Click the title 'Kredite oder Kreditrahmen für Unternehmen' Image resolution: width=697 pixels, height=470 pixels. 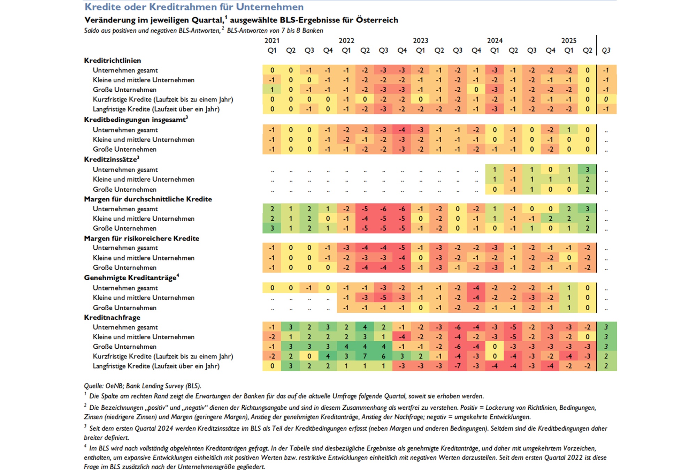click(x=194, y=7)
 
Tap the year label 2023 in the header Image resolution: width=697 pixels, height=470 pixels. click(x=420, y=40)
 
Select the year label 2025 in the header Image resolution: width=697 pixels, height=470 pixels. click(x=569, y=40)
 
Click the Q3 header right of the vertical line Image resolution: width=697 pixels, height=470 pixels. click(x=606, y=51)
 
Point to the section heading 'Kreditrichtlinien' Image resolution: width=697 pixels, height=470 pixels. click(x=112, y=60)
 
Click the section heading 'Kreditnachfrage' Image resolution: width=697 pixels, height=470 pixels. click(x=112, y=317)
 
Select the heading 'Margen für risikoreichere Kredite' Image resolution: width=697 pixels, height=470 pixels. click(x=141, y=238)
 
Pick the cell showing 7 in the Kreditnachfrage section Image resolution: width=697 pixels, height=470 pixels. click(x=365, y=356)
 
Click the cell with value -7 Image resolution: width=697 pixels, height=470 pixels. click(x=458, y=366)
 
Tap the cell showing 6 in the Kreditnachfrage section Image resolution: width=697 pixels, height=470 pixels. click(x=383, y=356)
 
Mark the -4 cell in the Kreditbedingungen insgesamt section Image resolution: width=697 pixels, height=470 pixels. click(x=402, y=130)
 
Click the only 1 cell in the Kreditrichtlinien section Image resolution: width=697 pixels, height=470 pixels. click(x=272, y=90)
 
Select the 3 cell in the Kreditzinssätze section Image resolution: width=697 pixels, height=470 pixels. click(x=587, y=169)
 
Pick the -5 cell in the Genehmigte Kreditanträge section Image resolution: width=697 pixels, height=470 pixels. click(x=383, y=298)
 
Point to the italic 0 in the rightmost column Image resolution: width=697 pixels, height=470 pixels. click(x=606, y=99)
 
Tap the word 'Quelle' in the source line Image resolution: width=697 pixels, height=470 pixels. click(x=93, y=386)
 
